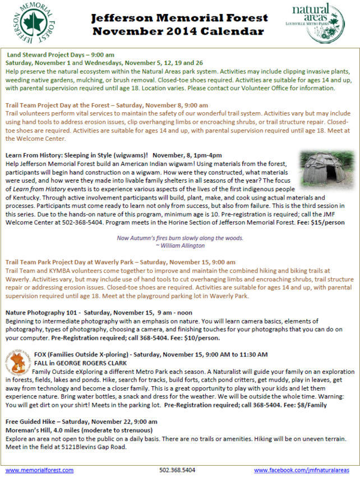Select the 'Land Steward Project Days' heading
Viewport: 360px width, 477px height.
tap(60, 55)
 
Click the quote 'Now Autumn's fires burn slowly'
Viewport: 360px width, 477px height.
tap(180, 238)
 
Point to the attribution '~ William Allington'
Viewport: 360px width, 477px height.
tap(181, 246)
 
